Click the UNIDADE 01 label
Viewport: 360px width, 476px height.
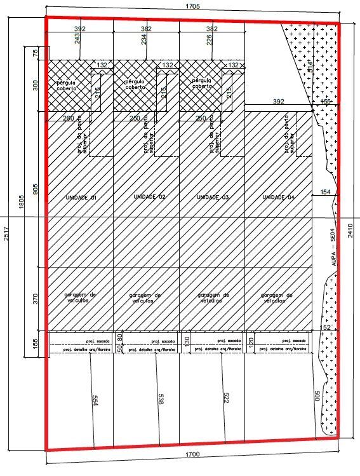(x=80, y=198)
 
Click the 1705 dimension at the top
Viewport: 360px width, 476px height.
(x=193, y=6)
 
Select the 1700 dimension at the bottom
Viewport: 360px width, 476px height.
(x=193, y=454)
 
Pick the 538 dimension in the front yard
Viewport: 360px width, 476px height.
(x=160, y=399)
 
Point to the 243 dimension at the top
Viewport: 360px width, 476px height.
(x=77, y=39)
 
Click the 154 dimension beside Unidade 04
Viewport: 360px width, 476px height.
(x=325, y=192)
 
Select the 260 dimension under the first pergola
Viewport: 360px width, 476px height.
(x=69, y=119)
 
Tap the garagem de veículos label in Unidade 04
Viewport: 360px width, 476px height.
(x=278, y=297)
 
